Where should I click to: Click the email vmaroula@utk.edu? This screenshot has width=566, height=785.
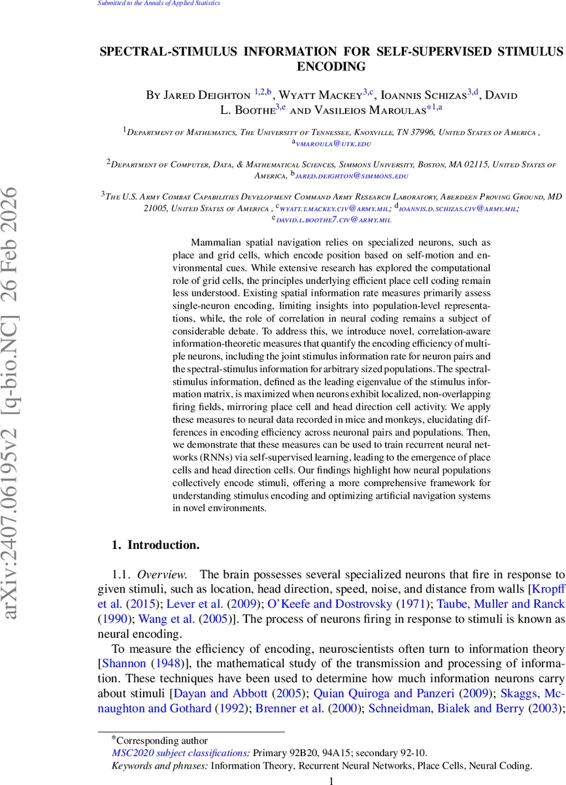click(327, 142)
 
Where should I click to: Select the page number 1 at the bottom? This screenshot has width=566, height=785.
click(331, 780)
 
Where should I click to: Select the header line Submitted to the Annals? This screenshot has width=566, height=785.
click(159, 3)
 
